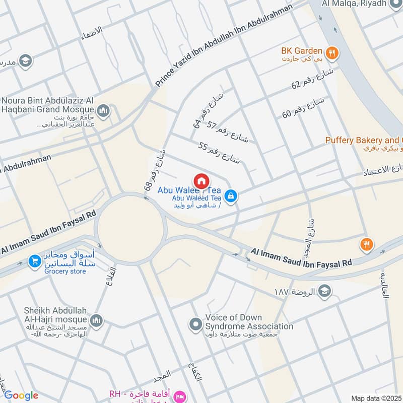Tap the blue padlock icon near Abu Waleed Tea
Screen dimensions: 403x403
tap(231, 196)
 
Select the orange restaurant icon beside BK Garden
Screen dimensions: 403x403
tap(331, 51)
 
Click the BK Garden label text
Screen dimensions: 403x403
tap(302, 51)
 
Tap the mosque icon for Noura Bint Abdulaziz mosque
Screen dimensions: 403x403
tap(104, 110)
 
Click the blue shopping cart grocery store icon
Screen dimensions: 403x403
tap(34, 261)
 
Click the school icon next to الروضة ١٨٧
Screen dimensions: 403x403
tap(325, 291)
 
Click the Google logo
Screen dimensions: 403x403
tap(21, 395)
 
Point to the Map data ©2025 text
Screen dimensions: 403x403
tap(375, 398)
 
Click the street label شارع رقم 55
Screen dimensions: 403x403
tap(220, 153)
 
